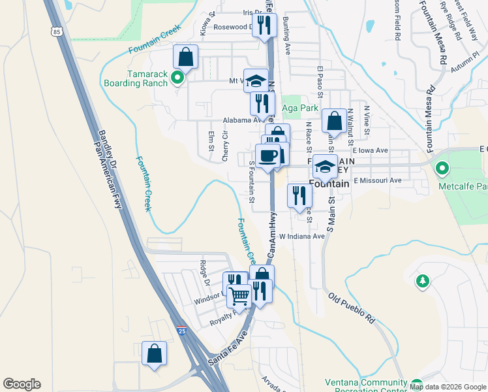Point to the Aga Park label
coord(299,108)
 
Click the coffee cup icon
coord(267,155)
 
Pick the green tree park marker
coord(423,282)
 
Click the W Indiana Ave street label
coord(301,236)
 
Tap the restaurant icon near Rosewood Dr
coord(264,25)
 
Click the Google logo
coord(22,384)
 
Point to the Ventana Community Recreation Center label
coord(365,386)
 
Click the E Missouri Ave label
coord(378,180)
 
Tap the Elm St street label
coord(211,142)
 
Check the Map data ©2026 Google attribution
coord(448,387)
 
